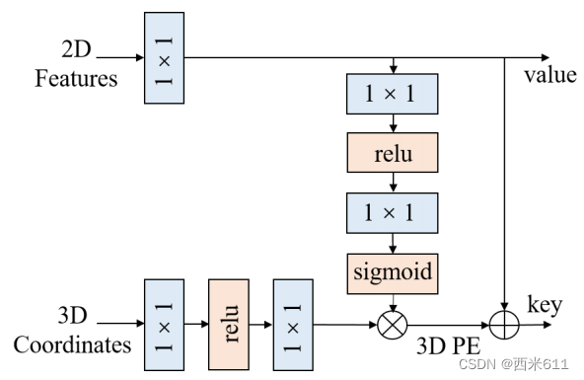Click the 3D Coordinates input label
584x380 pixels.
pos(73,332)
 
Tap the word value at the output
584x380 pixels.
pos(549,76)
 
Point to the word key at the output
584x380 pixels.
pos(546,304)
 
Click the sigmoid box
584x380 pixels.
pos(393,269)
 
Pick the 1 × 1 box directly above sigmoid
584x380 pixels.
pos(393,211)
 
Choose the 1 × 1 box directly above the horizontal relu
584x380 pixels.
pos(393,95)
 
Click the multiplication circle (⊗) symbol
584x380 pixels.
pos(393,323)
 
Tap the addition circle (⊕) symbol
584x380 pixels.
pos(504,323)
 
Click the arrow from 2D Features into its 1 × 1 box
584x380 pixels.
pos(118,57)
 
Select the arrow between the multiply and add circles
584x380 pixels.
pos(448,323)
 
